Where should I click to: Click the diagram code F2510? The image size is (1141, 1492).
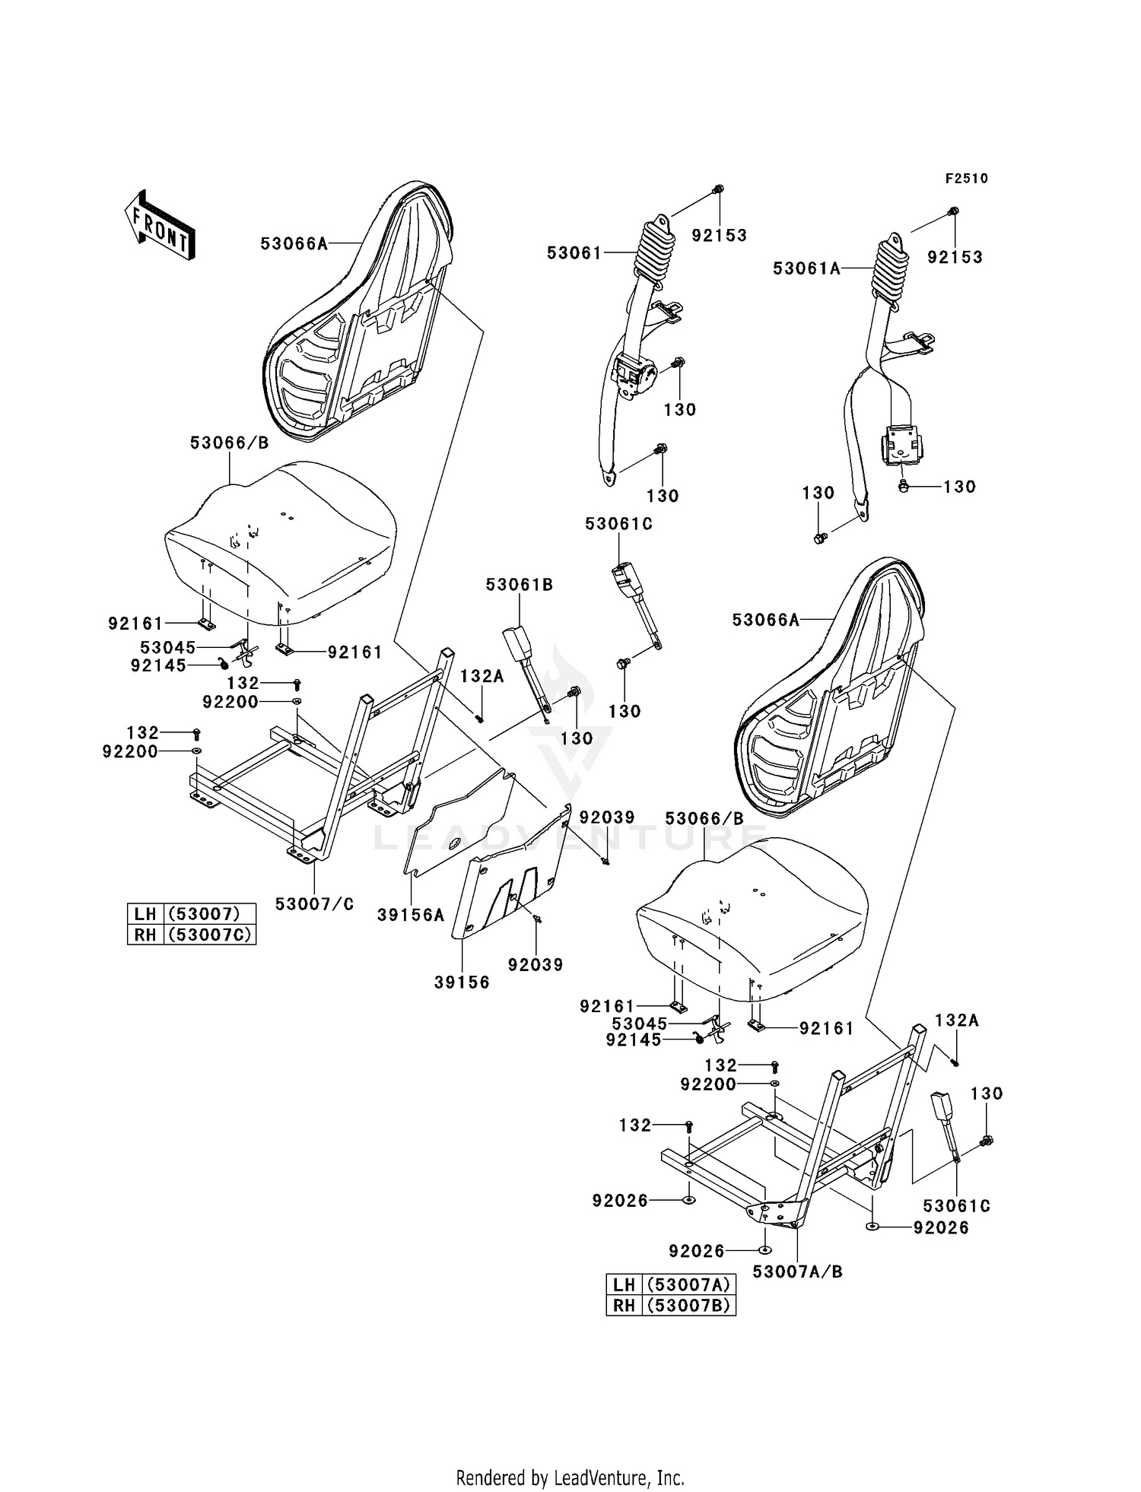click(x=966, y=179)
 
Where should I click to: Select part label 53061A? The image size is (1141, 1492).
click(x=806, y=268)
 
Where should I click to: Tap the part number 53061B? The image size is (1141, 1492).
click(x=520, y=585)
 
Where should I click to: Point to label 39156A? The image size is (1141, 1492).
click(x=411, y=916)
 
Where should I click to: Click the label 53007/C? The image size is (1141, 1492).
click(x=314, y=904)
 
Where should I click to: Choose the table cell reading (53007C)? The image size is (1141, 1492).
click(x=209, y=935)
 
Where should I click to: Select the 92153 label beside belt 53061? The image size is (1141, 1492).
click(x=719, y=236)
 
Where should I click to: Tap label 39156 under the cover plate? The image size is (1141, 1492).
click(x=462, y=982)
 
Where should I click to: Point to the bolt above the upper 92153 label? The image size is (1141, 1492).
click(x=718, y=189)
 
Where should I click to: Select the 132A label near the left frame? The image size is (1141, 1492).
click(x=482, y=676)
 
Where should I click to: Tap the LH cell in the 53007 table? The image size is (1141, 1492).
click(x=145, y=913)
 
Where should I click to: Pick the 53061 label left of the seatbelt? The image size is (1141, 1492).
click(x=574, y=252)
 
